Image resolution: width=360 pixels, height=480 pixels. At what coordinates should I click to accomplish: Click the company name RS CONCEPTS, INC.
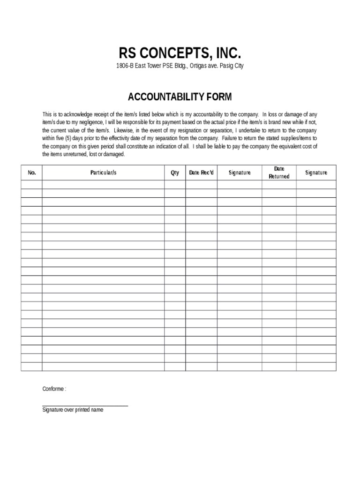click(180, 52)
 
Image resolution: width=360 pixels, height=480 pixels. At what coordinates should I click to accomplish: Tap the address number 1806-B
click(125, 66)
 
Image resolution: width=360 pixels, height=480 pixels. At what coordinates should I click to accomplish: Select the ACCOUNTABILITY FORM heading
click(180, 97)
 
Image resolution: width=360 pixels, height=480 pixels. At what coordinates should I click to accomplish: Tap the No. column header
click(32, 173)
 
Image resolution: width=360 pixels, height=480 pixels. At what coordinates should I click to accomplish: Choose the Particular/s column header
click(103, 173)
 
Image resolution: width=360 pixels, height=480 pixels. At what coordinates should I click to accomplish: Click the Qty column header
click(175, 173)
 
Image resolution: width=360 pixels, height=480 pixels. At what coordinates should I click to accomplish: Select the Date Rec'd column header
click(201, 173)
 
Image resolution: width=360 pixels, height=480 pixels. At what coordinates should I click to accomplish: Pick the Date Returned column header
click(279, 172)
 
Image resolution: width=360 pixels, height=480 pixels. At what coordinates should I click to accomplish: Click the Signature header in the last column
click(316, 173)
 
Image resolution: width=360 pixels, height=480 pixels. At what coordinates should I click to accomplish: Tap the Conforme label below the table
click(54, 389)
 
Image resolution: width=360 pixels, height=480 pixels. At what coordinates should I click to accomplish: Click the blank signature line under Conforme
click(85, 405)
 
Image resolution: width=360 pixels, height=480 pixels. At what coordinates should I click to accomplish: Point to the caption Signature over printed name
click(73, 410)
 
